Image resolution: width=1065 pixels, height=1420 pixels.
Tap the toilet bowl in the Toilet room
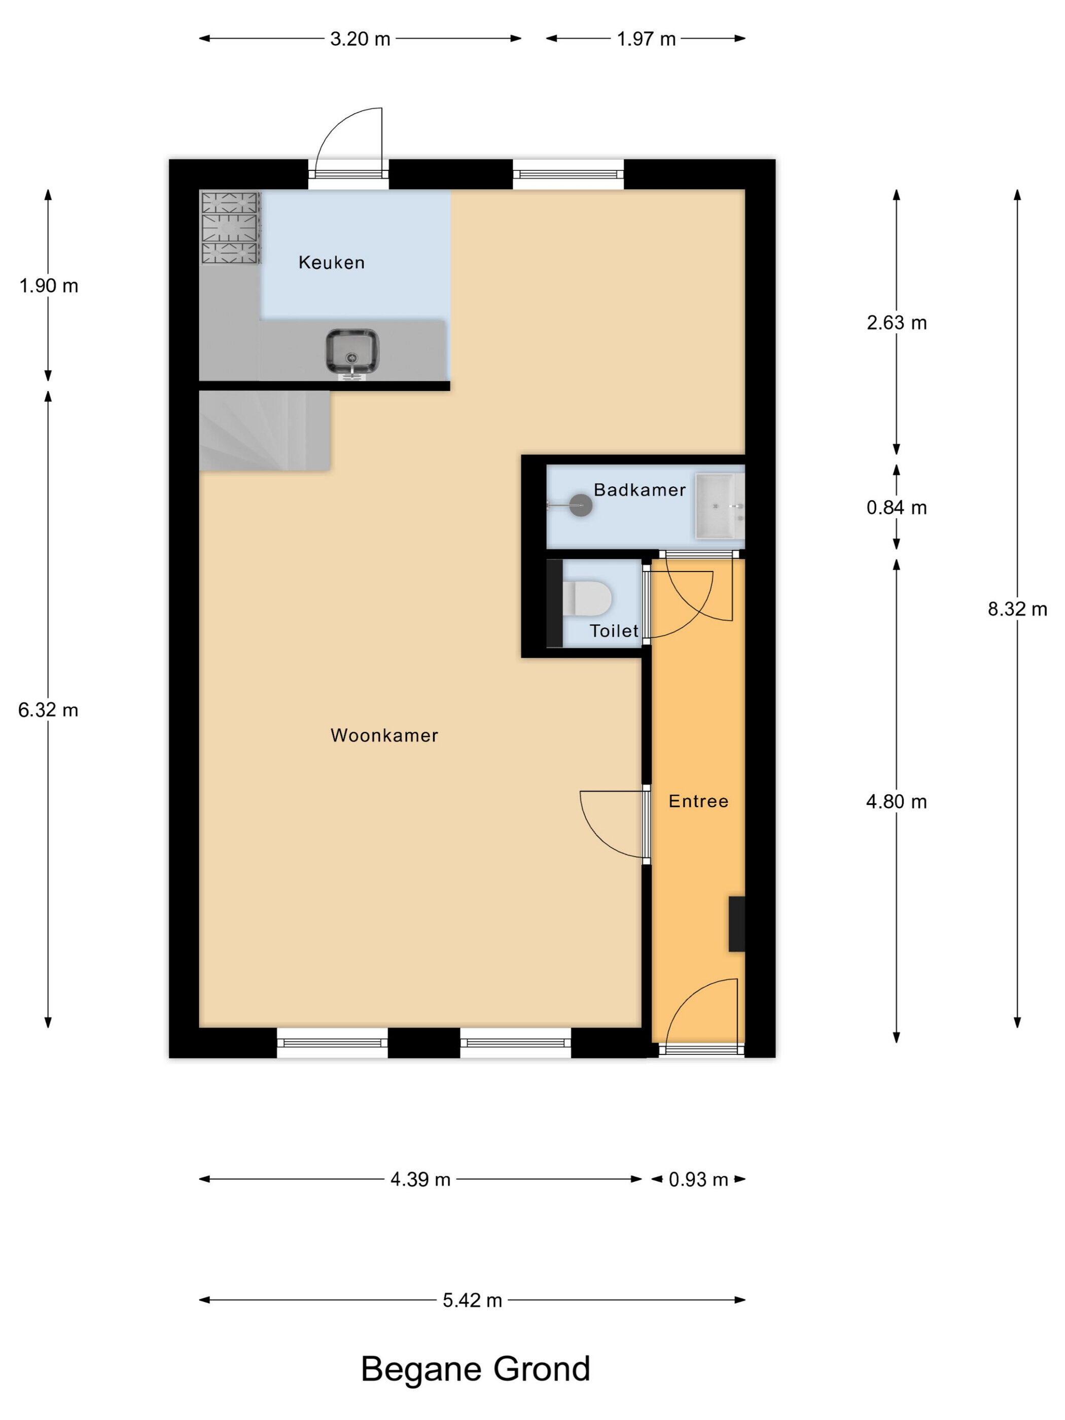(587, 597)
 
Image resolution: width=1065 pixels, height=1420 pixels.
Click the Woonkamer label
(384, 735)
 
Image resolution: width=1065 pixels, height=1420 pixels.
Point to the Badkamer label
(640, 490)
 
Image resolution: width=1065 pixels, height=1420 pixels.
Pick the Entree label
(698, 801)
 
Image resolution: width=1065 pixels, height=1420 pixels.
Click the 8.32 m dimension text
(1017, 609)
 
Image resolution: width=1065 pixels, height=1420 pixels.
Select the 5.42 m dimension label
(472, 1300)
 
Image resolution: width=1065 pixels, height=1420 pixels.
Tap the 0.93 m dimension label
(698, 1179)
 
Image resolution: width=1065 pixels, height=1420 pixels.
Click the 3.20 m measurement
(360, 39)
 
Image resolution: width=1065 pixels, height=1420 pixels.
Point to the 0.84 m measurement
(896, 508)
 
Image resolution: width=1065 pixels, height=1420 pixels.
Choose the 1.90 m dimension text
(49, 286)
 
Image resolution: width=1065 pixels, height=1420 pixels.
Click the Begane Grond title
(475, 1369)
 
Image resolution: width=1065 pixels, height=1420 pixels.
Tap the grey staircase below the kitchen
(265, 431)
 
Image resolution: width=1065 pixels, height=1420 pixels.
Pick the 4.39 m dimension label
(420, 1179)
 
